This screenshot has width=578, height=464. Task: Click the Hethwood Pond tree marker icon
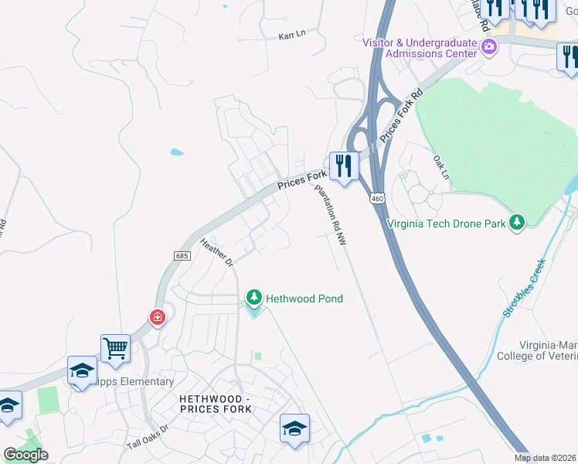coord(253,298)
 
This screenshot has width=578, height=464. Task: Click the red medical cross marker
coord(158,317)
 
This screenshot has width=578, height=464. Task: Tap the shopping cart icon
coord(115,347)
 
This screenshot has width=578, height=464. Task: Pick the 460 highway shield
coord(376,199)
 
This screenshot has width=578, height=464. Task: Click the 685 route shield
coord(182,255)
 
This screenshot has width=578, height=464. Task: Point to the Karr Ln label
coord(292,36)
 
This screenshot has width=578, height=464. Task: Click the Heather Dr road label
coord(216,252)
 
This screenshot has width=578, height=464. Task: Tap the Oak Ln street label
coord(440,165)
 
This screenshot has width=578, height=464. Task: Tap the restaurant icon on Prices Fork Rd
coord(344,165)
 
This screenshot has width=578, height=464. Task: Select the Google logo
coord(25,455)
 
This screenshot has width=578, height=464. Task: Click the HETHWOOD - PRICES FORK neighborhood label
coord(215,403)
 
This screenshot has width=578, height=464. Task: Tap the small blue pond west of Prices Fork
coord(177,152)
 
